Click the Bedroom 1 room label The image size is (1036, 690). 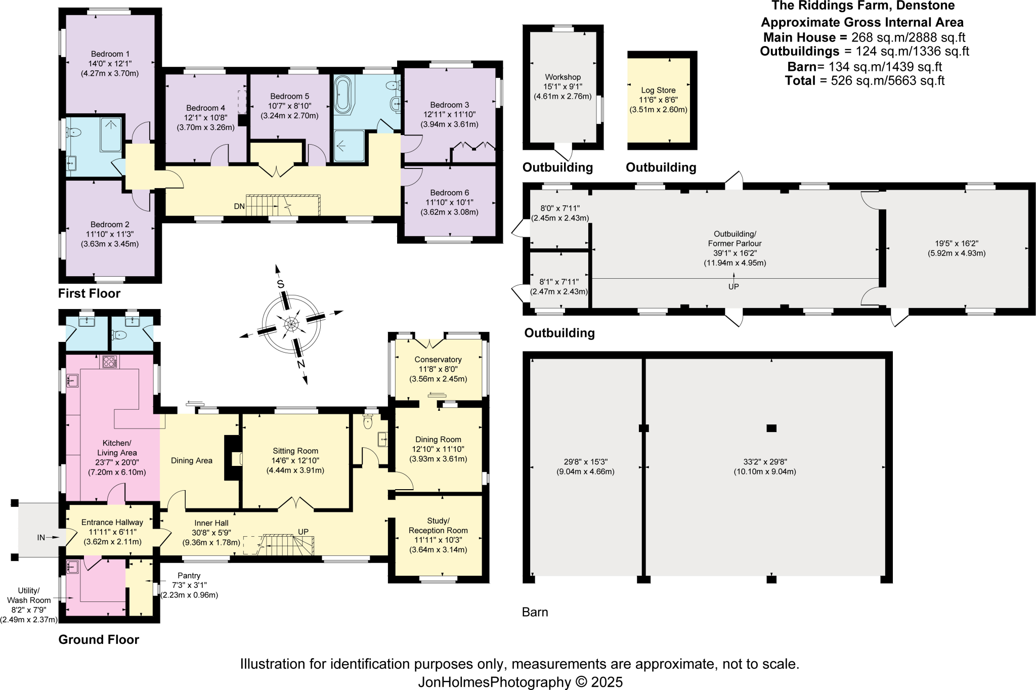click(110, 54)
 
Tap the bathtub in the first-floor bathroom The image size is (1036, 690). click(342, 94)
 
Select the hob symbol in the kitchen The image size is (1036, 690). click(110, 362)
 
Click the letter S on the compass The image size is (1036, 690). click(280, 284)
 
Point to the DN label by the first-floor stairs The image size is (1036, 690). click(239, 206)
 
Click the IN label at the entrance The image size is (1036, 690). click(41, 538)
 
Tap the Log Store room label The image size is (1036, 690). click(658, 90)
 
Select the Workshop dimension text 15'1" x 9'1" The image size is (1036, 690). click(563, 87)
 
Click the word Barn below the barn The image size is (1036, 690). click(535, 612)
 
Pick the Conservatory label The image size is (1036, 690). click(438, 359)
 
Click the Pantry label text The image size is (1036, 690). click(189, 576)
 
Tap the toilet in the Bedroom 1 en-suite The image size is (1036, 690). click(74, 133)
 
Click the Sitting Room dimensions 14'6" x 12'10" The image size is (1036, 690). click(295, 460)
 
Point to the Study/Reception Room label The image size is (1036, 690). click(438, 526)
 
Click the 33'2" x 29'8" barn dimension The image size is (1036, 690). click(764, 462)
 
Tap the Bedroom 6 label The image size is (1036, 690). click(449, 193)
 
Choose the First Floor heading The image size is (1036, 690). click(89, 293)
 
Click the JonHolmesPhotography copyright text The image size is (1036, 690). click(520, 682)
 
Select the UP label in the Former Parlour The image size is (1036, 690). click(733, 286)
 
